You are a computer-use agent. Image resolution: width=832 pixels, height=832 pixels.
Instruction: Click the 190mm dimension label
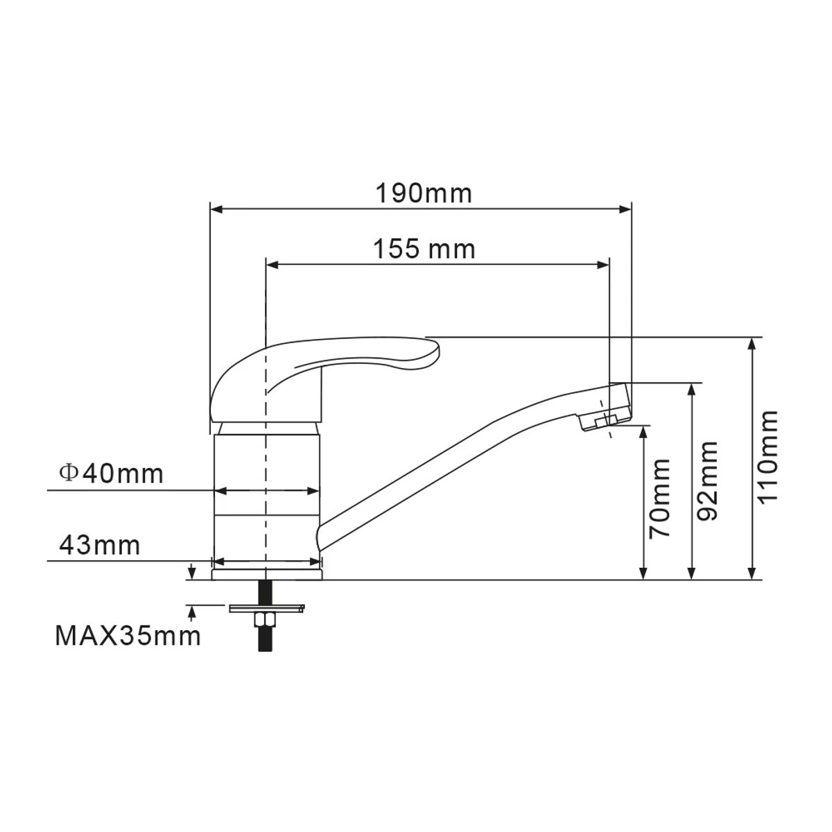point(424,193)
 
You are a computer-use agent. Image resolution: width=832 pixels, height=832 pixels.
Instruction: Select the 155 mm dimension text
point(424,249)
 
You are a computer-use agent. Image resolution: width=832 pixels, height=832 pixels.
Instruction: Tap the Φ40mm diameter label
point(112,474)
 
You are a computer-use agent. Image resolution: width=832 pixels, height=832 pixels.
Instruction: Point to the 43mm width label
point(100,546)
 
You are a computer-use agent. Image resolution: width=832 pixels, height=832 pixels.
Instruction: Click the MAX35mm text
point(128,636)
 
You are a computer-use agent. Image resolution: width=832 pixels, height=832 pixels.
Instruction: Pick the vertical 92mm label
point(707,480)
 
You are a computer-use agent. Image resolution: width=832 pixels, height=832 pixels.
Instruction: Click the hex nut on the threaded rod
point(264,619)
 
